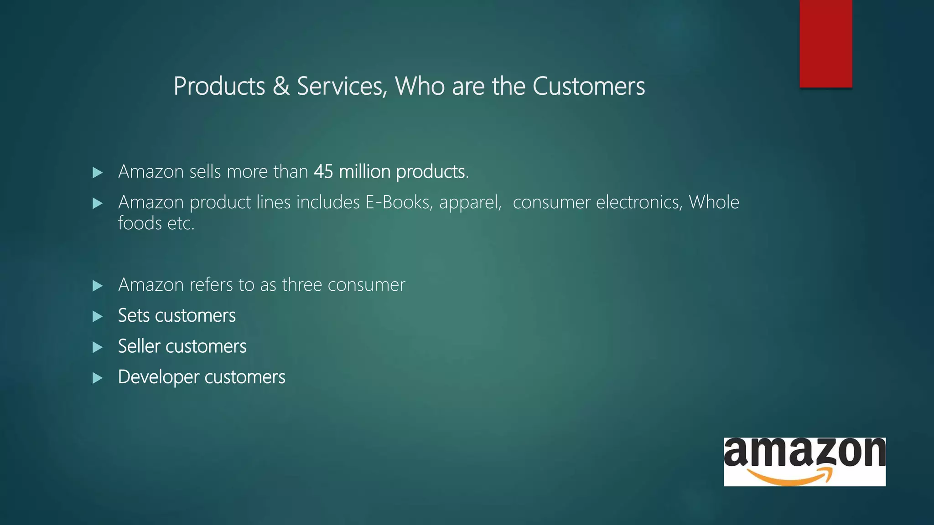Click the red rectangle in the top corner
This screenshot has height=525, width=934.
coord(825,43)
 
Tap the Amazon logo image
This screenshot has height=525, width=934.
coord(804,462)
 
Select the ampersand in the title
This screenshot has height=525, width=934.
coord(281,86)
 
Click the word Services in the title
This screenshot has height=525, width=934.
coord(342,86)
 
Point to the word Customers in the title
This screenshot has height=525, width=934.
coord(588,86)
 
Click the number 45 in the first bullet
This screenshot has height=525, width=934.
coord(323,172)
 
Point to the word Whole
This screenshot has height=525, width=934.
coord(714,202)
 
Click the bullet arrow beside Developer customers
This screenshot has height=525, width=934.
coord(97,378)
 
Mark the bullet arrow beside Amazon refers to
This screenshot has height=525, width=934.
coord(97,286)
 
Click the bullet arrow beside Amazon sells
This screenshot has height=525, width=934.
coord(97,172)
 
